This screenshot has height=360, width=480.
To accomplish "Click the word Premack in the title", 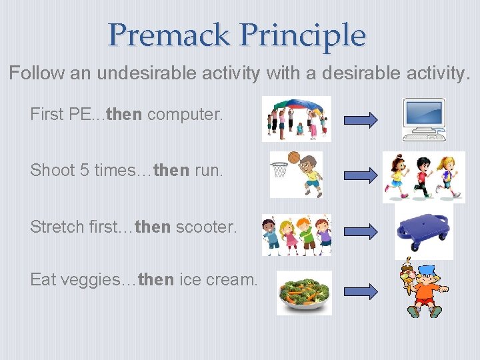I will [x=169, y=35].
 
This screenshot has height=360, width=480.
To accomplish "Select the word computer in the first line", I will [x=185, y=114].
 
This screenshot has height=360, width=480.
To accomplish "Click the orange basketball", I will [x=294, y=158].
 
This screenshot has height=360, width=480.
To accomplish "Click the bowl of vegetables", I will [x=304, y=294].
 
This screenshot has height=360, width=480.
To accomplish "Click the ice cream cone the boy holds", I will [x=406, y=274].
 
